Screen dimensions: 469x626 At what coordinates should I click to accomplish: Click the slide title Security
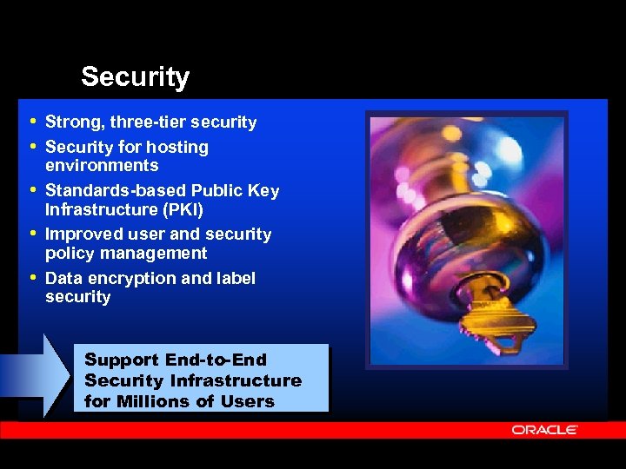coord(135,77)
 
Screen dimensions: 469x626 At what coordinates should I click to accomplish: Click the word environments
coord(102,166)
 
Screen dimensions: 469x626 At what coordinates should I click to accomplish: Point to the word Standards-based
coord(116,191)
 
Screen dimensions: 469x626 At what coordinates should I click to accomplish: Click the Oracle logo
coord(544,430)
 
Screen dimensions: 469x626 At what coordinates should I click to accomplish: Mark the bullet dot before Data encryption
coord(33,278)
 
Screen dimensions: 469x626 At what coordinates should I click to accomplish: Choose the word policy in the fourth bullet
coord(68,254)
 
